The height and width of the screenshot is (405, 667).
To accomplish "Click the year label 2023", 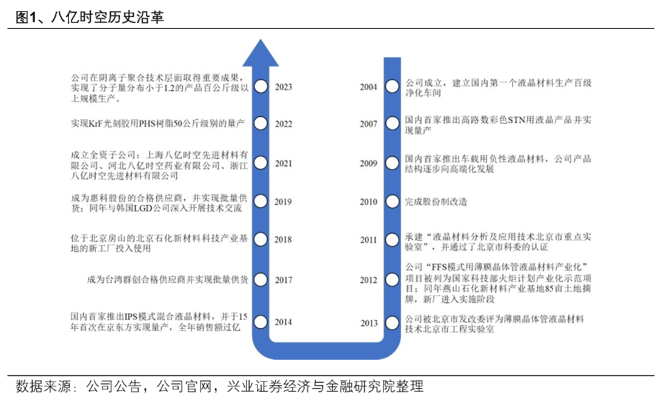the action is [x=283, y=87].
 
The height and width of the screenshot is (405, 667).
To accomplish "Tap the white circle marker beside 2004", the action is [x=392, y=87].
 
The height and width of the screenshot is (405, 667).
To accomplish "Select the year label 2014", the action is [x=283, y=322].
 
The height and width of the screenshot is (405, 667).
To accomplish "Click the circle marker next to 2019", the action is [x=261, y=201].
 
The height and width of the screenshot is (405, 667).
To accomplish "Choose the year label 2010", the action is [x=368, y=202].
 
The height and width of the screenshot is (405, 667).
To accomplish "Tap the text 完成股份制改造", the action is [x=436, y=202].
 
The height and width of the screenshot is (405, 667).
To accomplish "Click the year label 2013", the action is [x=369, y=323].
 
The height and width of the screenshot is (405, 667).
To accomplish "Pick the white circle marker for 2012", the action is [x=392, y=280].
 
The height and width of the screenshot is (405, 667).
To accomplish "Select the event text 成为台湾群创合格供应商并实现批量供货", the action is [x=167, y=280].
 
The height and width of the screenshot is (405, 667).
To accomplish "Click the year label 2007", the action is [x=368, y=124].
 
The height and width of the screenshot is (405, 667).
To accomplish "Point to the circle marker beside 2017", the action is [x=261, y=280].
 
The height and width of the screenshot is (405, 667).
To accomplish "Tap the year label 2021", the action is [x=283, y=164].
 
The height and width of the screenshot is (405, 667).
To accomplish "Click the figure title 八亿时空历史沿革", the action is [x=107, y=17].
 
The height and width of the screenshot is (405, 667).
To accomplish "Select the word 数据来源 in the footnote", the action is [x=44, y=386].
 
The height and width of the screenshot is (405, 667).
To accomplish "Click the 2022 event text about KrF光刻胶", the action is [x=158, y=124].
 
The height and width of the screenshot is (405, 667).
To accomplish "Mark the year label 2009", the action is [x=368, y=164].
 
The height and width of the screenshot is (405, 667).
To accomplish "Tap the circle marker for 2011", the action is [x=392, y=240].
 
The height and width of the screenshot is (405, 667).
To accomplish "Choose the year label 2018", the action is [x=283, y=240].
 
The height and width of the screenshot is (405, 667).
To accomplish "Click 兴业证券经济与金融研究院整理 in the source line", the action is [x=325, y=386].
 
